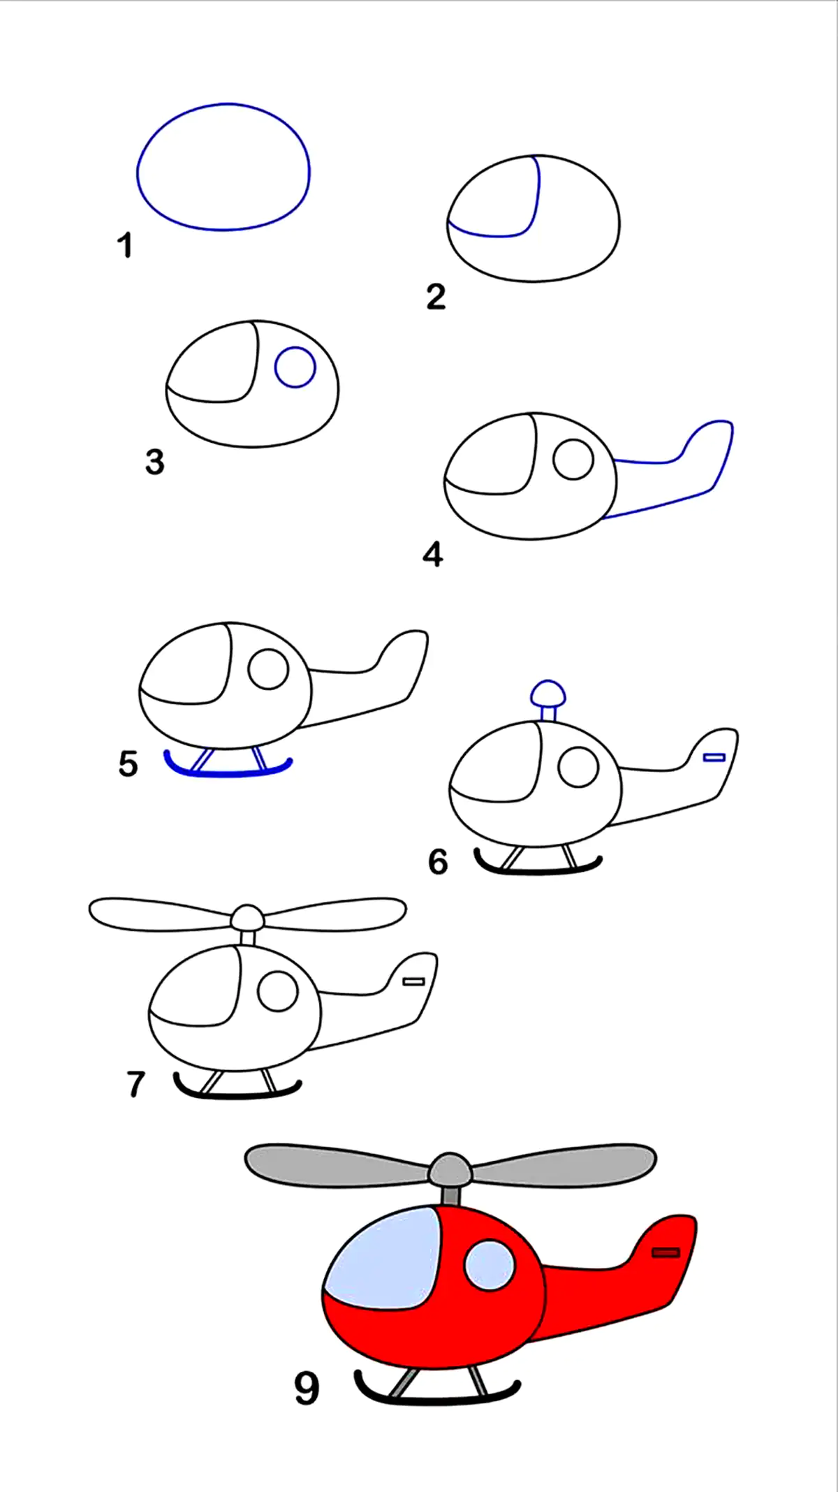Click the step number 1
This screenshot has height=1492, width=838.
tap(125, 246)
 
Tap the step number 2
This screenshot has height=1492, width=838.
tap(436, 297)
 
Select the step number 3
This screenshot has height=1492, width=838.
tap(155, 462)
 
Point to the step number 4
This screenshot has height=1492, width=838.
tap(433, 555)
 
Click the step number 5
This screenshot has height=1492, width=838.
tap(128, 763)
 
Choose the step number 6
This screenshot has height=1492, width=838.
tap(438, 862)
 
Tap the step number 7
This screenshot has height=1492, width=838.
tap(135, 1084)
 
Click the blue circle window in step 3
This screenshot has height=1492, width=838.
tap(295, 367)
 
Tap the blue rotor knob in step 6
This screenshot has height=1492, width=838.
tap(548, 693)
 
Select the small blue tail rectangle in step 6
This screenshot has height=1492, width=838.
tap(714, 757)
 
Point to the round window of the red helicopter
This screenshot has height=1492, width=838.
tap(490, 1265)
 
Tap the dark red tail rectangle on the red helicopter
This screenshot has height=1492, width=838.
tap(666, 1252)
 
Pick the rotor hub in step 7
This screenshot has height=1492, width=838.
tap(248, 917)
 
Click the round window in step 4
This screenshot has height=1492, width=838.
tap(573, 460)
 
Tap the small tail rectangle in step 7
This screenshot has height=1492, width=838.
tap(414, 981)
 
